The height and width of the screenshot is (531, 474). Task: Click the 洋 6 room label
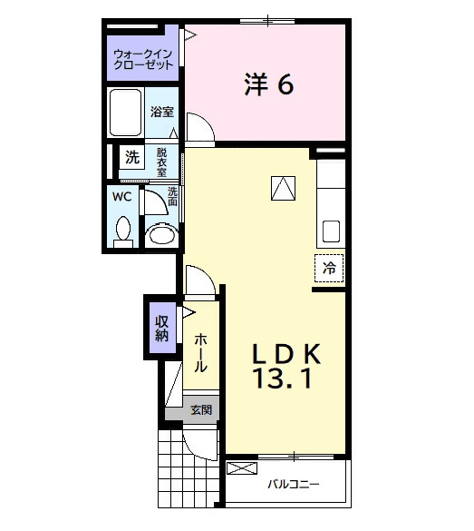tap(267, 84)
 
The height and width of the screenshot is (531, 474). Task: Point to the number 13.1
tap(284, 379)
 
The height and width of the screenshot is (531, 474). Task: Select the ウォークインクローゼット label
tap(142, 60)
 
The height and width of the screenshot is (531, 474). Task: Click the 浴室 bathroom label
tap(162, 113)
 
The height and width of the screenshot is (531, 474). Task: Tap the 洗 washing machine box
tap(132, 157)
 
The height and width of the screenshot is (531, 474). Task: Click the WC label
tap(121, 196)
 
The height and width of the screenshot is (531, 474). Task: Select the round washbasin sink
tap(160, 234)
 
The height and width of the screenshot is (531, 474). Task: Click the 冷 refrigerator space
tap(330, 268)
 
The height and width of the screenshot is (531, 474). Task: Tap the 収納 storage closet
tap(161, 327)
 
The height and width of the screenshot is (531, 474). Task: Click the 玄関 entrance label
tap(201, 410)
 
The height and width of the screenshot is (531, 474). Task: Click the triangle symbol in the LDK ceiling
tap(284, 188)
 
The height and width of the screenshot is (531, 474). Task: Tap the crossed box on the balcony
tap(242, 469)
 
